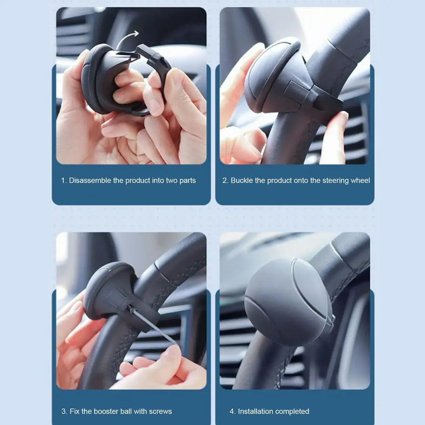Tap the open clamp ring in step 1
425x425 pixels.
155,72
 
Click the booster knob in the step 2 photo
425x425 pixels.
276,76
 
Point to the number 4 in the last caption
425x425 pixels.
232,411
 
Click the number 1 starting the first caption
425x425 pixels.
63,180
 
